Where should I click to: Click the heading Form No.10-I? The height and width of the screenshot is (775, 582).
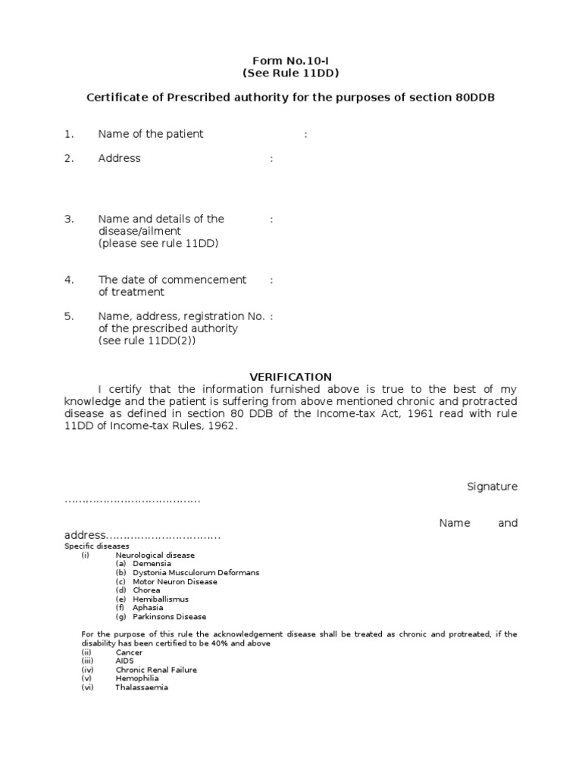point(290,61)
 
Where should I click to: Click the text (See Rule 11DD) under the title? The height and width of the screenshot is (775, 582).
point(290,73)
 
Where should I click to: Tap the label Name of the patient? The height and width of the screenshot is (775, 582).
point(150,134)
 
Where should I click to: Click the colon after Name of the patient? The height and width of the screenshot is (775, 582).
point(305,135)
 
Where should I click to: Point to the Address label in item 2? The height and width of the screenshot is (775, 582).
point(119,158)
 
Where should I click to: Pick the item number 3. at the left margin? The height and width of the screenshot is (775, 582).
point(69,219)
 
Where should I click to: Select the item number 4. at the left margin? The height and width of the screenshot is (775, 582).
point(69,279)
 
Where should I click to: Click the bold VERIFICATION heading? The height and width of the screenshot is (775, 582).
point(291,377)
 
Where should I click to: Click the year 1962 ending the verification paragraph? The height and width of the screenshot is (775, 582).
point(220,425)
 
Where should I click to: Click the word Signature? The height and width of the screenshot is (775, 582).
point(492,487)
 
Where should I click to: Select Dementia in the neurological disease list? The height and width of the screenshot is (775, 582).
point(152,564)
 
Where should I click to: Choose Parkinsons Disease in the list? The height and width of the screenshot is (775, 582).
point(169,617)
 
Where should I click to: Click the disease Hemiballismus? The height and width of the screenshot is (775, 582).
point(161,599)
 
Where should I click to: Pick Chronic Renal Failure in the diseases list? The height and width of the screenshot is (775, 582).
point(156,670)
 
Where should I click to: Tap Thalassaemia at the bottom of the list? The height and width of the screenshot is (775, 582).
point(142,687)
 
